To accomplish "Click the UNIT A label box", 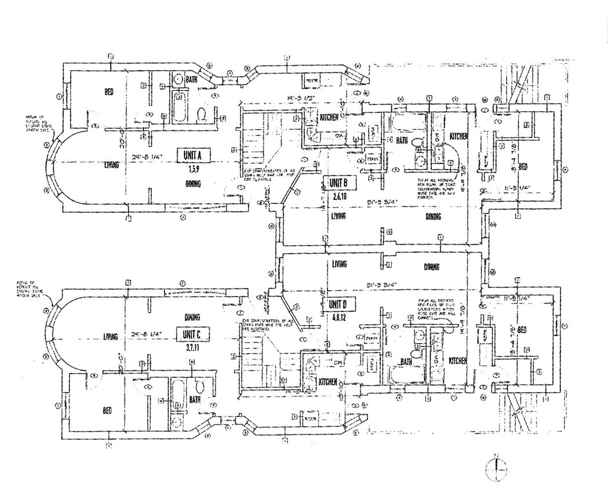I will [x=191, y=155].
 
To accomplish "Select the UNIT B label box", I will [x=337, y=184].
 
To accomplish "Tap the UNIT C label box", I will [x=191, y=335].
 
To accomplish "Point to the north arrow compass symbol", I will [x=494, y=466].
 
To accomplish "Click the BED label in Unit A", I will [x=108, y=92].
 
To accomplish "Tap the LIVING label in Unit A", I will [x=111, y=165].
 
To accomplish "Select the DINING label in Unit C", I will [x=192, y=317].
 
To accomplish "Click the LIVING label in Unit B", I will [x=339, y=217].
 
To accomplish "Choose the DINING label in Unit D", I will [x=431, y=267].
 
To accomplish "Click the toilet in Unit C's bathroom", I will [x=199, y=384].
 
